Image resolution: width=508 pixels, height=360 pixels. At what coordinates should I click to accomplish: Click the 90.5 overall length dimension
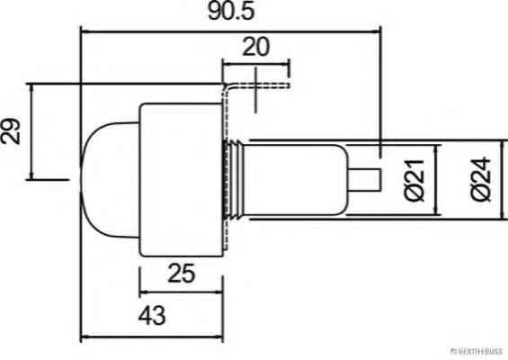[x=231, y=11]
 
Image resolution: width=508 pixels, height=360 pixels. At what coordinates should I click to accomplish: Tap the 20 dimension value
[x=255, y=47]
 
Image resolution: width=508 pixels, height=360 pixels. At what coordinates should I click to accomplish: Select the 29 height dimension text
[x=10, y=130]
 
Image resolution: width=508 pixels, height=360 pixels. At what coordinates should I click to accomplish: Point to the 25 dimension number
[x=182, y=273]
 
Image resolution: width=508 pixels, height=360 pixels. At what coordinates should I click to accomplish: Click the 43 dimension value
[x=152, y=315]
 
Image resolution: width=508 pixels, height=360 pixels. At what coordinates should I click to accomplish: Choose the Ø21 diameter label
[x=414, y=180]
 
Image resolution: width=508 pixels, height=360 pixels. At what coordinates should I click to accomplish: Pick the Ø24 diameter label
[x=481, y=179]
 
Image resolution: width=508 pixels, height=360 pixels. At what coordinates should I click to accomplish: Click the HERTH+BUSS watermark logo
[x=477, y=351]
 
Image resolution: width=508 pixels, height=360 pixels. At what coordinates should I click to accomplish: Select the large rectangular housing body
[x=182, y=180]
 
